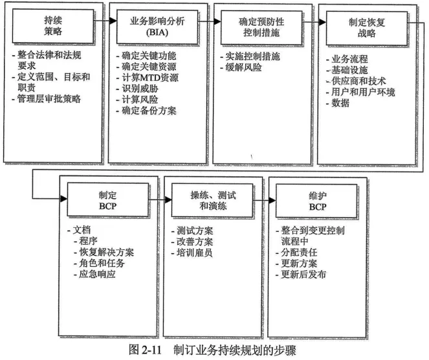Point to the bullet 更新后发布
point(304,274)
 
